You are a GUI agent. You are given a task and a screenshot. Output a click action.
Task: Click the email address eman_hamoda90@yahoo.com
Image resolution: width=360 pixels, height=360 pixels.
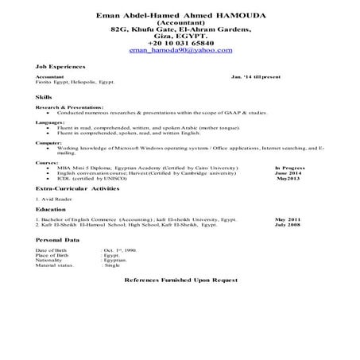tap(180, 49)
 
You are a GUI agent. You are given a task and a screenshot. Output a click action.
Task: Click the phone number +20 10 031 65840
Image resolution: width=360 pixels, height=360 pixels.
tap(180, 42)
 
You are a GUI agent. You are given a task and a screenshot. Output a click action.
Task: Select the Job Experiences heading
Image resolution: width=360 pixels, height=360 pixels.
tap(60, 66)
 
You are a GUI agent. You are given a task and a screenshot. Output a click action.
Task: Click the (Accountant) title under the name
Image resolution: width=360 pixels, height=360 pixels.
tap(180, 22)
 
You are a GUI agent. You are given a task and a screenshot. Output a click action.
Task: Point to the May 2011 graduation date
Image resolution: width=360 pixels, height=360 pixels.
tap(288, 219)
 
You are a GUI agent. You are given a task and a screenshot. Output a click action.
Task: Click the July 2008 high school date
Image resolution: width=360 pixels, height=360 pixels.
tap(288, 224)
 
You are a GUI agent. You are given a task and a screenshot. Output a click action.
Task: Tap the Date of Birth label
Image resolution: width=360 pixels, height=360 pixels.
tap(50, 250)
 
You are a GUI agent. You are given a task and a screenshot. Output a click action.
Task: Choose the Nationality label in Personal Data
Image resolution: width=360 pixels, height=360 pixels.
tap(49, 259)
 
